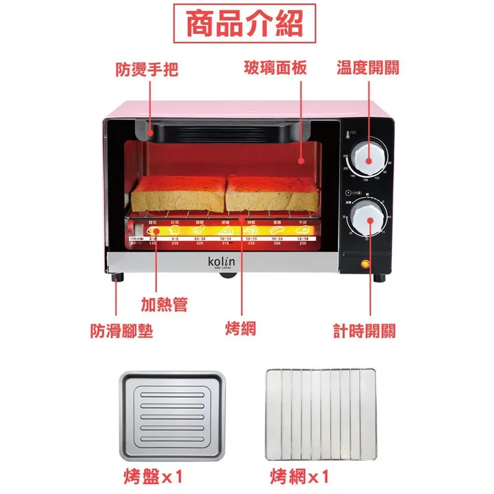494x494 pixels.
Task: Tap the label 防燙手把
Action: click(x=147, y=69)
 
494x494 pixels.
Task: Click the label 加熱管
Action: click(x=164, y=305)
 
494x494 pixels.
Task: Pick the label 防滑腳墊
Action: click(x=121, y=330)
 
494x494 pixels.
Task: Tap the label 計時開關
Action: click(x=364, y=330)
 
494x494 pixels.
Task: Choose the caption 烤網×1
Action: click(x=300, y=477)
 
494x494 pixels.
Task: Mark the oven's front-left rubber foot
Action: click(x=119, y=278)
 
